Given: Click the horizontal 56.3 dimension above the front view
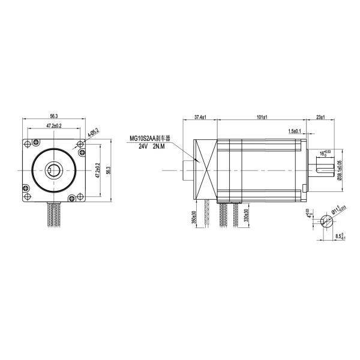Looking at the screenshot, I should (54, 116).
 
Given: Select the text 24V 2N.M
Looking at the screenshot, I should (151, 146).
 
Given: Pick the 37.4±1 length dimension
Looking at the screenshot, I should (200, 117).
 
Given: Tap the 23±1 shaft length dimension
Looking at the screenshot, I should (320, 117).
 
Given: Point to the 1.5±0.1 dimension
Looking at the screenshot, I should (295, 131).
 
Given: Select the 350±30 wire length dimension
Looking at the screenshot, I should (194, 217).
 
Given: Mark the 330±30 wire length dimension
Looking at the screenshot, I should (247, 217).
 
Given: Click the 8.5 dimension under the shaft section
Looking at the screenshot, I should (340, 236).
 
